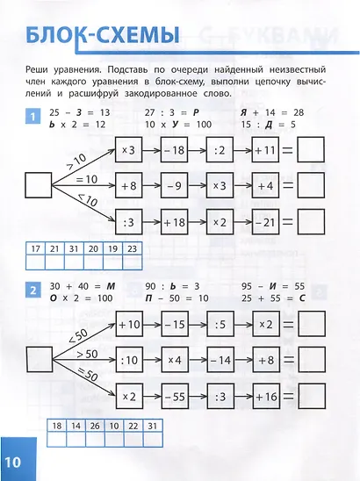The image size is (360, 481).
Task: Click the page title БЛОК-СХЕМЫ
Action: (103, 39)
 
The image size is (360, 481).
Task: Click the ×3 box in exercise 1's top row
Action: (128, 152)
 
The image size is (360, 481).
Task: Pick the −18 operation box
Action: (174, 152)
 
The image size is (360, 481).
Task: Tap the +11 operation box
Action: (265, 152)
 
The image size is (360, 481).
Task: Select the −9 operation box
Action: (174, 185)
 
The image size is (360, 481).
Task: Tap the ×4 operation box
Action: (174, 359)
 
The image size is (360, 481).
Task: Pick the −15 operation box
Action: (174, 325)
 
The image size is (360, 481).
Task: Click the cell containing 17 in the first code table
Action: (36, 249)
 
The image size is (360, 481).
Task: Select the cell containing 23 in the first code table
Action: (132, 249)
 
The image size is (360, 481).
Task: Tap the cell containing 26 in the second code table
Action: (93, 426)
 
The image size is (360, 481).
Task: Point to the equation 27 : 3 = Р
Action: (161, 113)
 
